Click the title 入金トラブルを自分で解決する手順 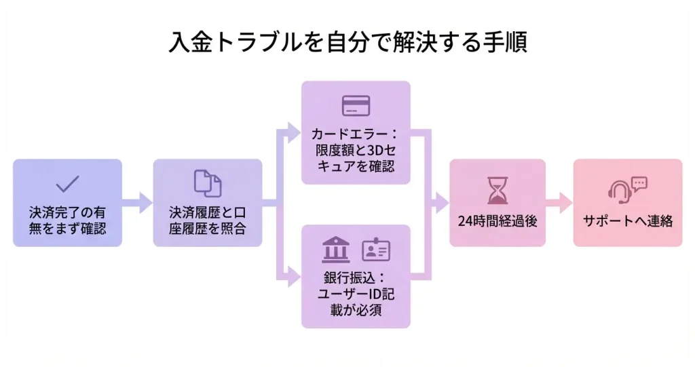[x=347, y=42]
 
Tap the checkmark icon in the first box [x=67, y=183]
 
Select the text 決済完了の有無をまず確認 [x=67, y=219]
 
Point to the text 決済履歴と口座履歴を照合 [x=207, y=219]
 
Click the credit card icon [x=356, y=105]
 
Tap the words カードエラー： [x=356, y=133]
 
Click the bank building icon [x=335, y=250]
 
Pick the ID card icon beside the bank [x=376, y=250]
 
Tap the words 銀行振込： [x=356, y=278]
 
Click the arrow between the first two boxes [x=138, y=202]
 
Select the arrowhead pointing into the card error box [x=294, y=130]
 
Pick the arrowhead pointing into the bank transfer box [x=294, y=275]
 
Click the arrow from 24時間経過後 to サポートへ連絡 [x=560, y=202]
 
